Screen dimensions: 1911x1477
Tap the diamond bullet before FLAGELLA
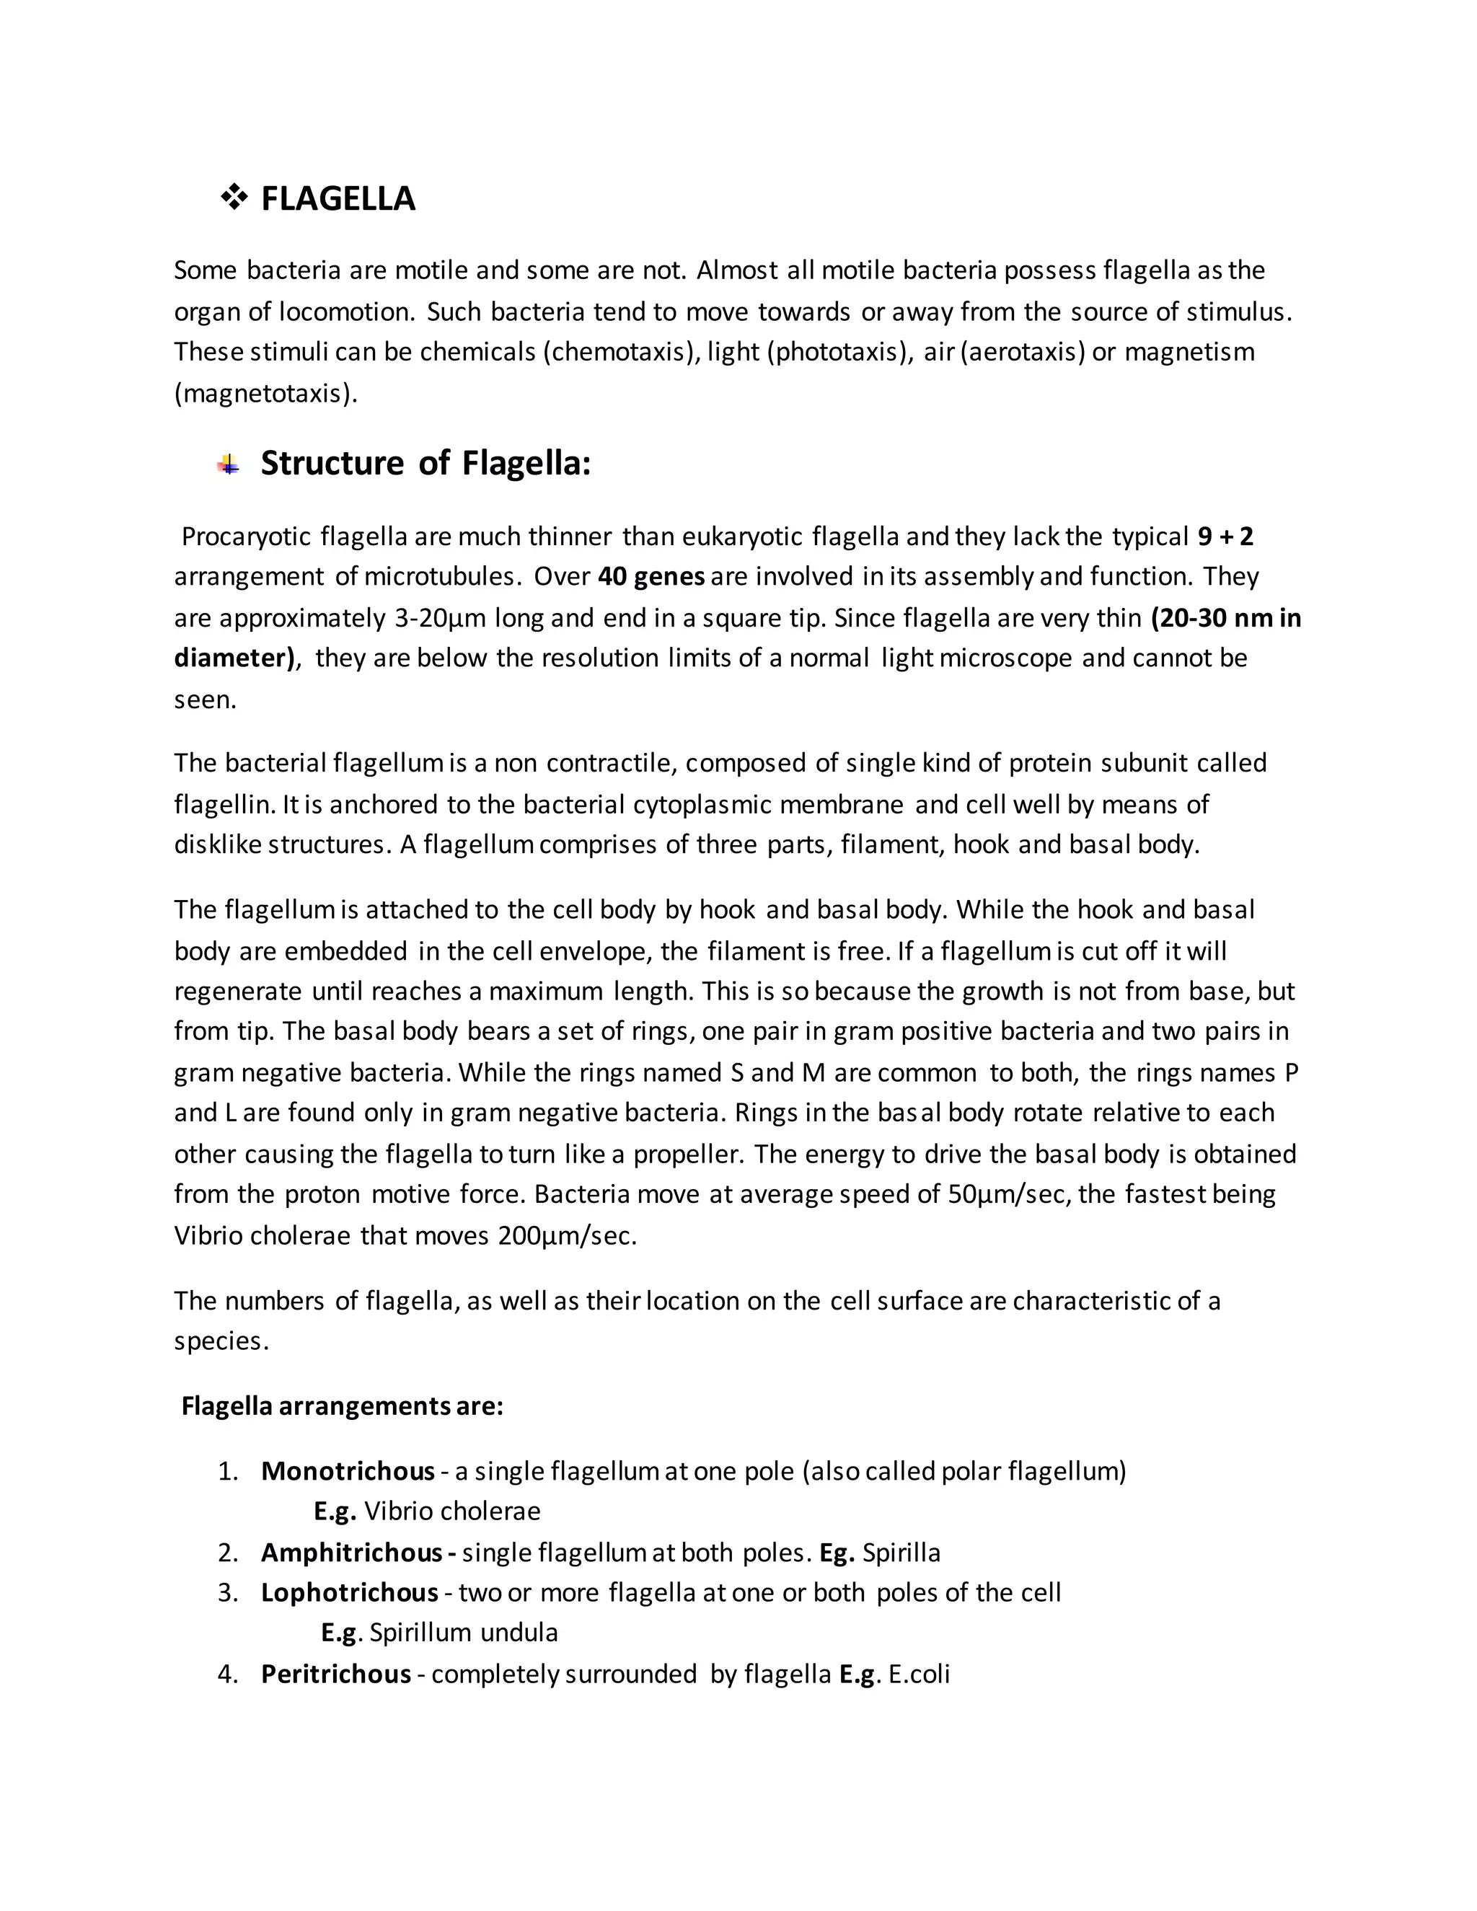click(x=234, y=198)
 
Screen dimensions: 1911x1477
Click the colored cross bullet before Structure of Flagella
click(x=229, y=464)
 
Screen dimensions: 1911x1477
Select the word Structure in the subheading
click(x=332, y=463)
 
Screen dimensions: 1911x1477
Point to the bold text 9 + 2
click(x=1225, y=537)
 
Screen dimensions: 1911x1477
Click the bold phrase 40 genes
click(x=651, y=577)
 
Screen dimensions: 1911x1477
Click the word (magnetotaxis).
click(x=266, y=393)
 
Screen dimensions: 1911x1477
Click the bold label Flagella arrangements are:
click(x=342, y=1406)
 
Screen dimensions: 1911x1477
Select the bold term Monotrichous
click(x=348, y=1471)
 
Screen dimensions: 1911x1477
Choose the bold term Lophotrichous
click(x=349, y=1592)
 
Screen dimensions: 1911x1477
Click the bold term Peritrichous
click(x=336, y=1674)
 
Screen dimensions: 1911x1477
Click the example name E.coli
click(x=919, y=1674)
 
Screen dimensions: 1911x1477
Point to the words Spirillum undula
click(x=464, y=1633)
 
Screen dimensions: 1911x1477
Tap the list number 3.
click(x=227, y=1592)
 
